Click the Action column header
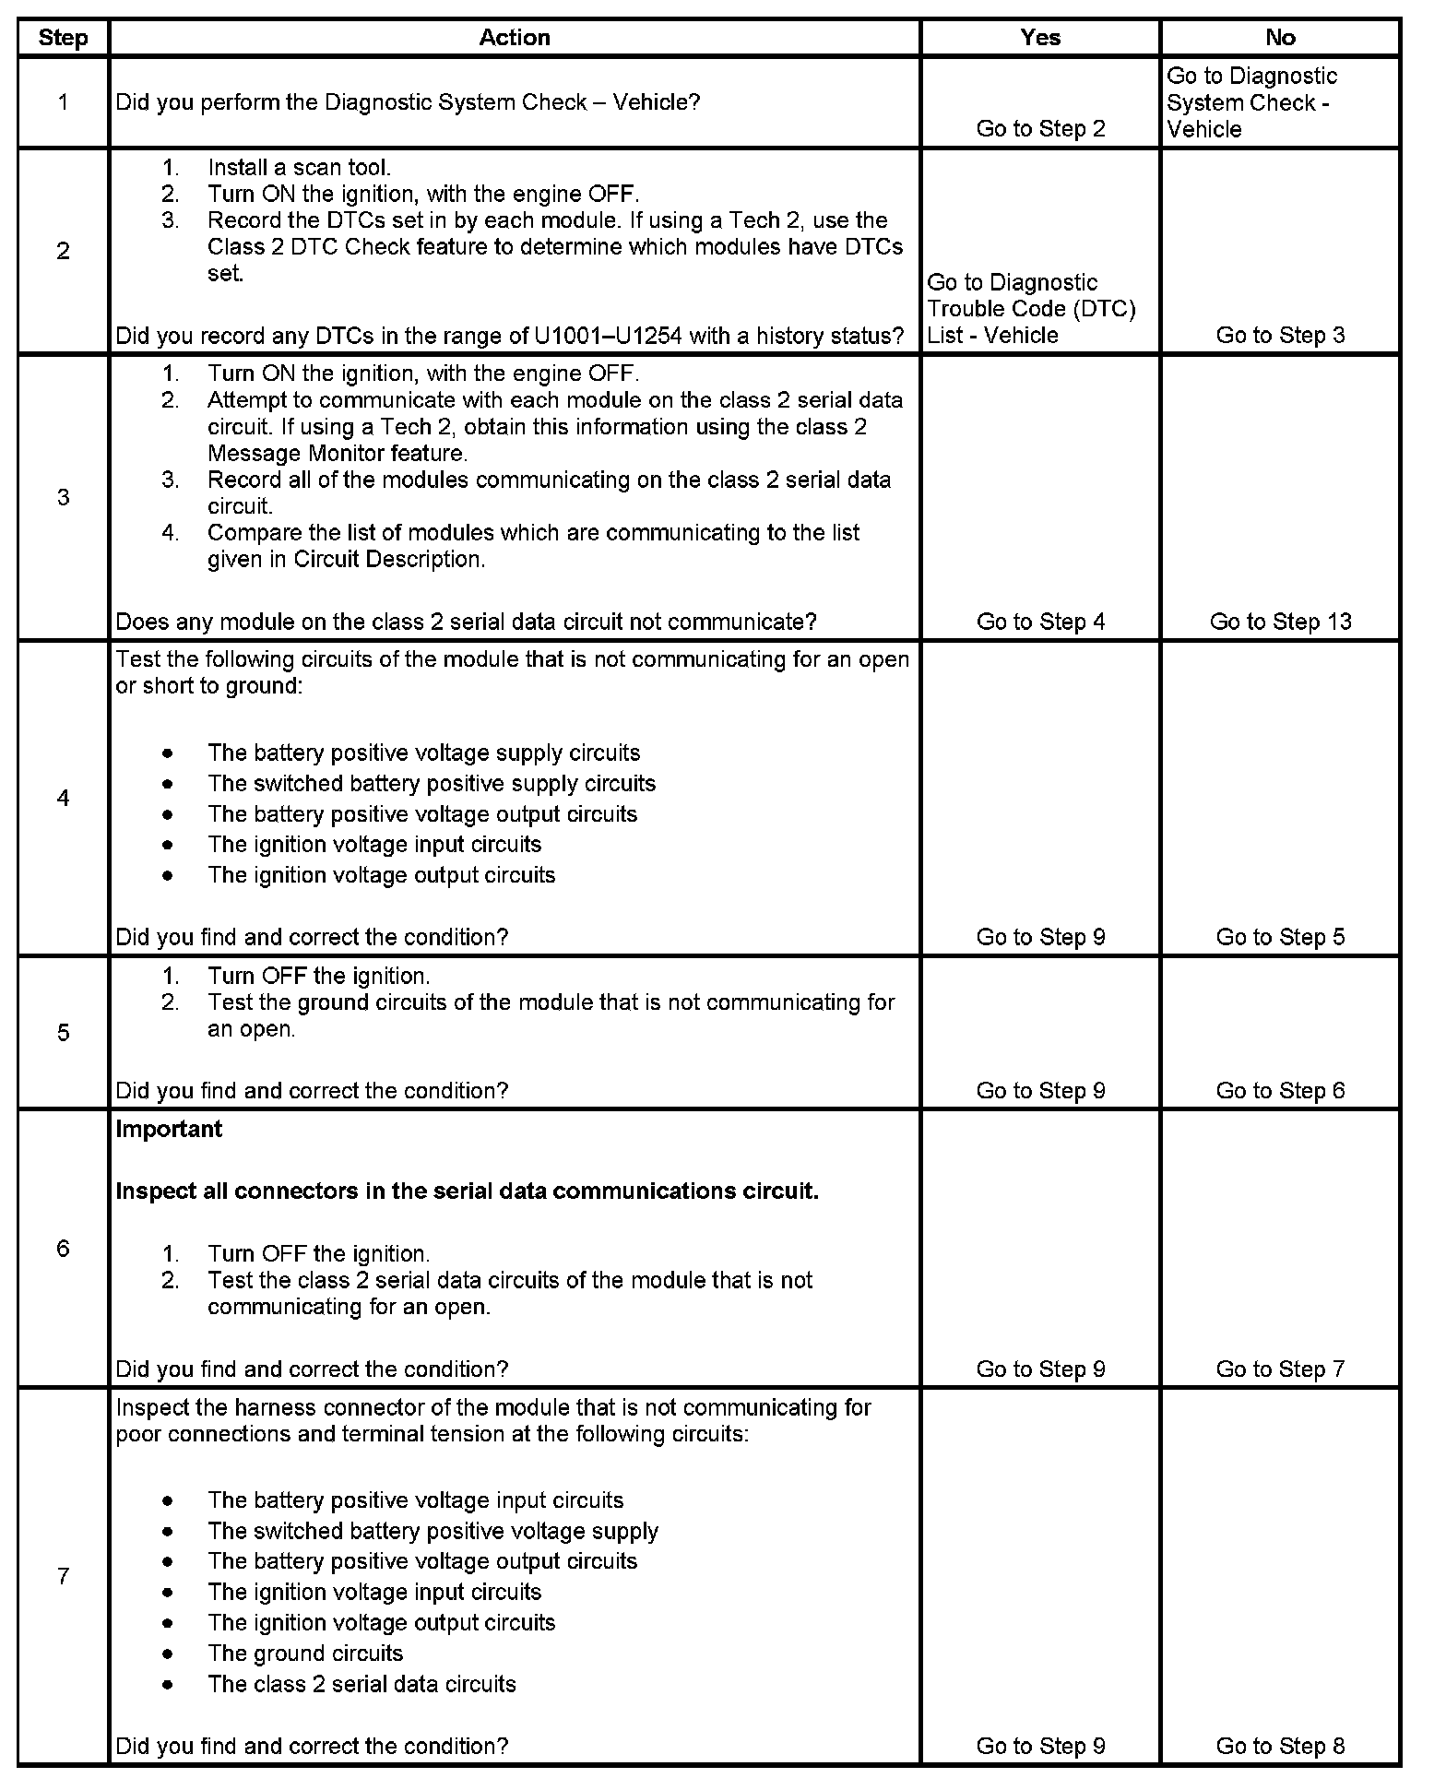point(515,38)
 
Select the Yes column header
point(1040,38)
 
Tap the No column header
point(1280,38)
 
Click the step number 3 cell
point(63,498)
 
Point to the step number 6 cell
point(63,1249)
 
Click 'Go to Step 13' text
point(1280,622)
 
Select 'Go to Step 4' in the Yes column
point(1040,622)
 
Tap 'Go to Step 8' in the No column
point(1280,1746)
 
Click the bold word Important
point(169,1130)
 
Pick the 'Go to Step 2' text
point(1040,129)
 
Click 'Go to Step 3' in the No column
point(1280,336)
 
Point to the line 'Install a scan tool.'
point(299,168)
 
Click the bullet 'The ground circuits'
point(305,1654)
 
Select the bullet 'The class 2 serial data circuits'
point(361,1684)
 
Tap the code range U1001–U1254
point(608,336)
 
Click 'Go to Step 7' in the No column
point(1280,1369)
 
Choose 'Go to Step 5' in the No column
point(1280,937)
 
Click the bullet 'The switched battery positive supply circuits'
point(432,784)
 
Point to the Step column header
point(63,38)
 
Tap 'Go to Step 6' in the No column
point(1280,1091)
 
